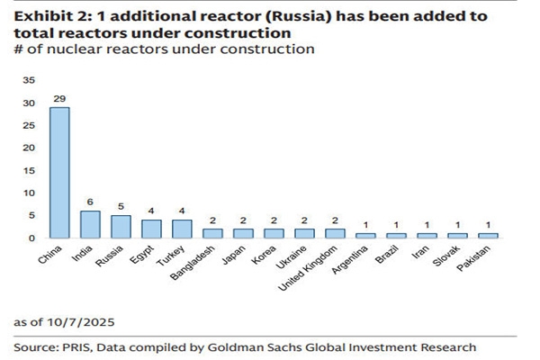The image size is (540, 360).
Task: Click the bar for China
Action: click(58, 172)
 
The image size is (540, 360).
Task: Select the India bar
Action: click(90, 224)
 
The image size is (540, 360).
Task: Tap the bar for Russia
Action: click(121, 226)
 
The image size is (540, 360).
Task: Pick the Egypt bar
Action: click(152, 229)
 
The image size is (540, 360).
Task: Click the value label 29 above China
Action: click(58, 98)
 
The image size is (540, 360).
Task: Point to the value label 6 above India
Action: click(90, 202)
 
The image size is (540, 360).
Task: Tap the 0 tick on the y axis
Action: click(32, 238)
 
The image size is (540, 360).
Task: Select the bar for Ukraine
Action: click(306, 233)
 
